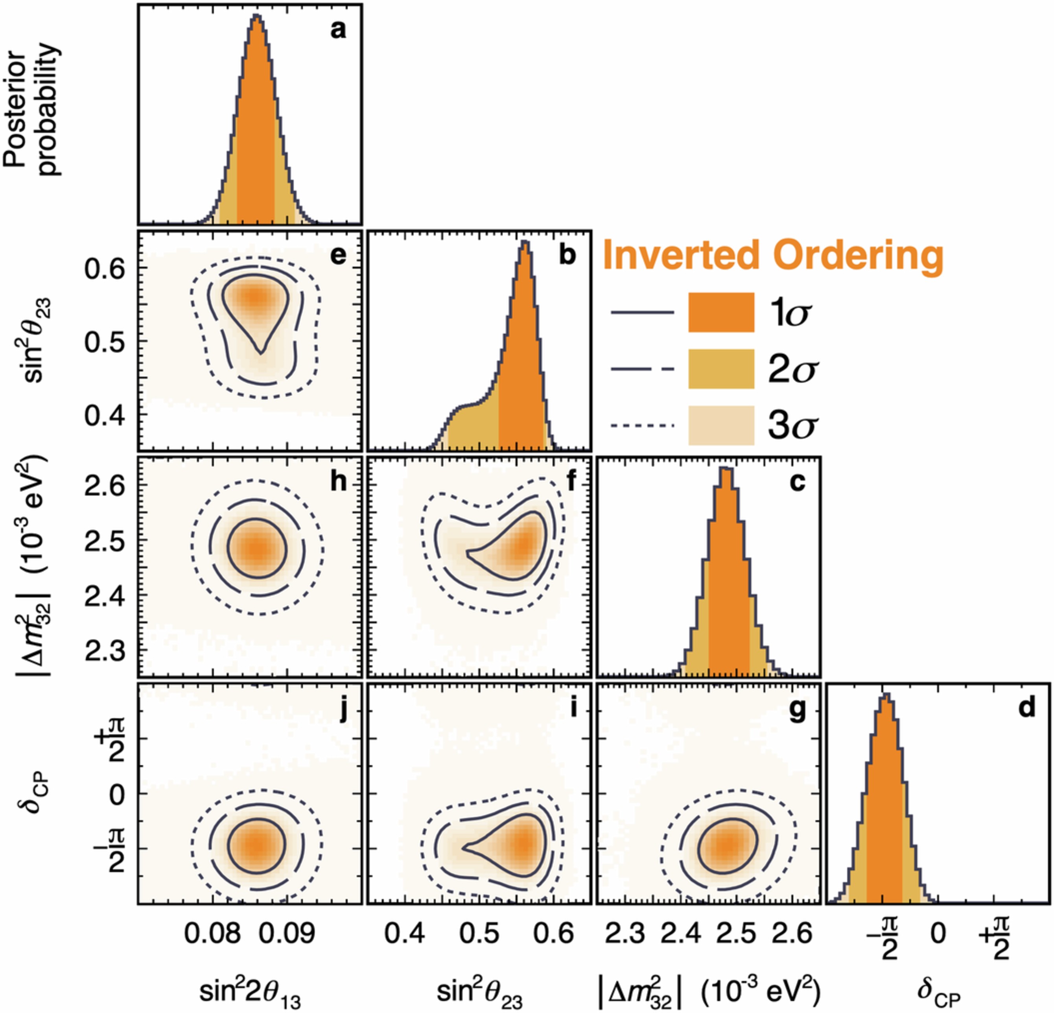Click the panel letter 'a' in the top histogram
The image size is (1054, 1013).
click(338, 31)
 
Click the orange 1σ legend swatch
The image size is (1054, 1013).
click(721, 312)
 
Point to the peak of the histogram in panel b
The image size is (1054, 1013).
click(525, 241)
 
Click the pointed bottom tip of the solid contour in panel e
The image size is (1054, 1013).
click(261, 353)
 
